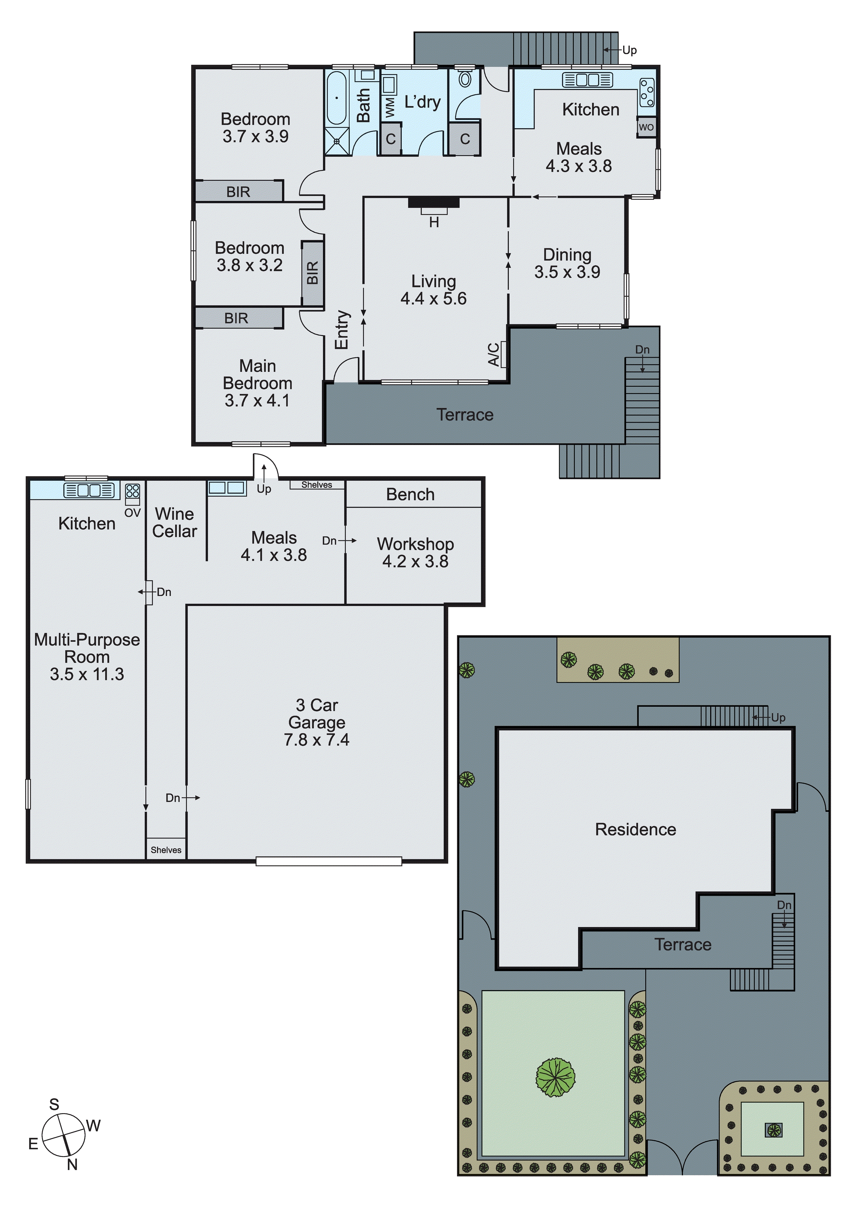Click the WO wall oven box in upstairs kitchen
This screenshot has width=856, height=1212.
[x=646, y=127]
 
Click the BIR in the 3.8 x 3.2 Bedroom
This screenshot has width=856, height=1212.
[x=312, y=273]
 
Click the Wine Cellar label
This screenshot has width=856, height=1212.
[x=175, y=522]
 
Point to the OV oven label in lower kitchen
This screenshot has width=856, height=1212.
[x=132, y=513]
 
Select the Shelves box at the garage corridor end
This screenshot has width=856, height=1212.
[x=166, y=850]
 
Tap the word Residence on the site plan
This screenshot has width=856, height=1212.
[x=635, y=829]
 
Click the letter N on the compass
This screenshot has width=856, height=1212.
[x=72, y=1165]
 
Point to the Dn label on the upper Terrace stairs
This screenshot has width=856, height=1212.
[x=642, y=349]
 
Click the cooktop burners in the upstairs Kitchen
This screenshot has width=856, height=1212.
[x=647, y=92]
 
